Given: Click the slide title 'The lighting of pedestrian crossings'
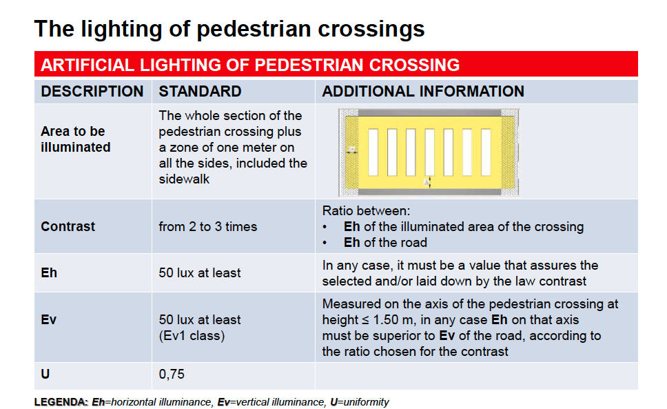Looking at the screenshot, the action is [229, 30].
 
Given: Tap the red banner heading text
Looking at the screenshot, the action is [250, 65].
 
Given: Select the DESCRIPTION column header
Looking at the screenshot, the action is [92, 92].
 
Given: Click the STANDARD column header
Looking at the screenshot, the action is [200, 92].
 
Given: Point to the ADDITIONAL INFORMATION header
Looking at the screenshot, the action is [423, 92].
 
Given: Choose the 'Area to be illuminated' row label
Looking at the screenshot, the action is [76, 139].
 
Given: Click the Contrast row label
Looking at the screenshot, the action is [68, 226].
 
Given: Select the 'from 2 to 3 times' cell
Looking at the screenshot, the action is [208, 227].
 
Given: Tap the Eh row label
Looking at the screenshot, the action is [49, 273].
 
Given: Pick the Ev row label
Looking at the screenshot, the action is [48, 319].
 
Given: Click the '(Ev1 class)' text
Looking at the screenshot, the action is [192, 336].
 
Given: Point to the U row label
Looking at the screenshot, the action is [45, 374].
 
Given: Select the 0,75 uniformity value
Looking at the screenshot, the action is [172, 375].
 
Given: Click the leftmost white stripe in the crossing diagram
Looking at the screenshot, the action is [373, 152].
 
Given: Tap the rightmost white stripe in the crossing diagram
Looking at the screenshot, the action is [486, 152].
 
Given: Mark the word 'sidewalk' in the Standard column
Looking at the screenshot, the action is [184, 179].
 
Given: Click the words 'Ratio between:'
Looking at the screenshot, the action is [367, 210].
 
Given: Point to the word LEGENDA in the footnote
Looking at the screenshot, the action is [61, 402].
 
